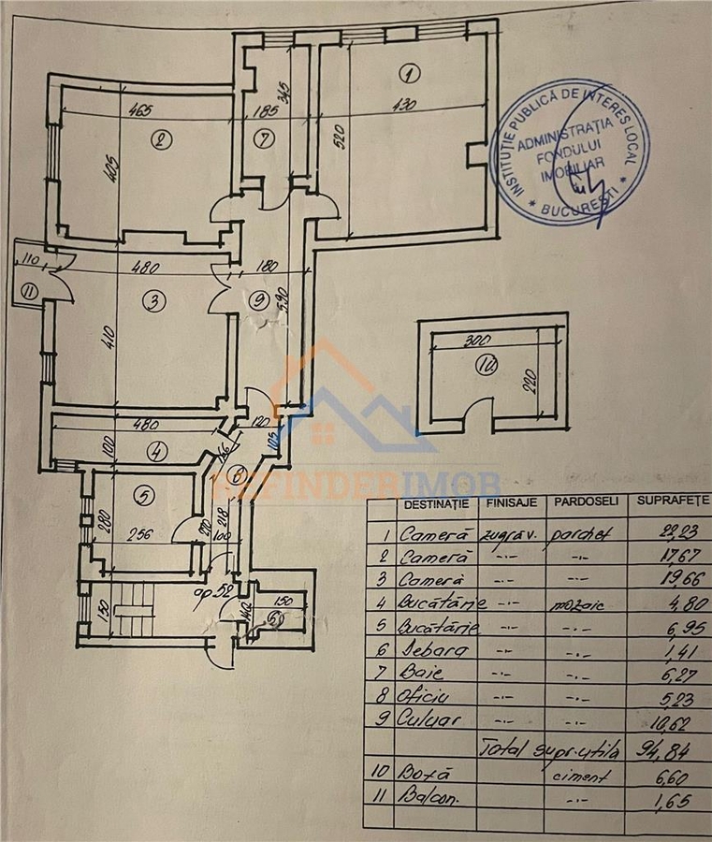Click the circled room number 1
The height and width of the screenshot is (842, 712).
(x=409, y=72)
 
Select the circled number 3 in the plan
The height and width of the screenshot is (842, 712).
(x=153, y=301)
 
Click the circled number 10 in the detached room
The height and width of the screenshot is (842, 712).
(x=484, y=367)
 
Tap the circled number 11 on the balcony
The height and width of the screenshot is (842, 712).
(x=29, y=293)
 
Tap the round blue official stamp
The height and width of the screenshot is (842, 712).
(x=567, y=153)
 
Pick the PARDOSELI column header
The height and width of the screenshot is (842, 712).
(x=586, y=501)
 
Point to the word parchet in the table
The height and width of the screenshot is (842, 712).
(x=585, y=533)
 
